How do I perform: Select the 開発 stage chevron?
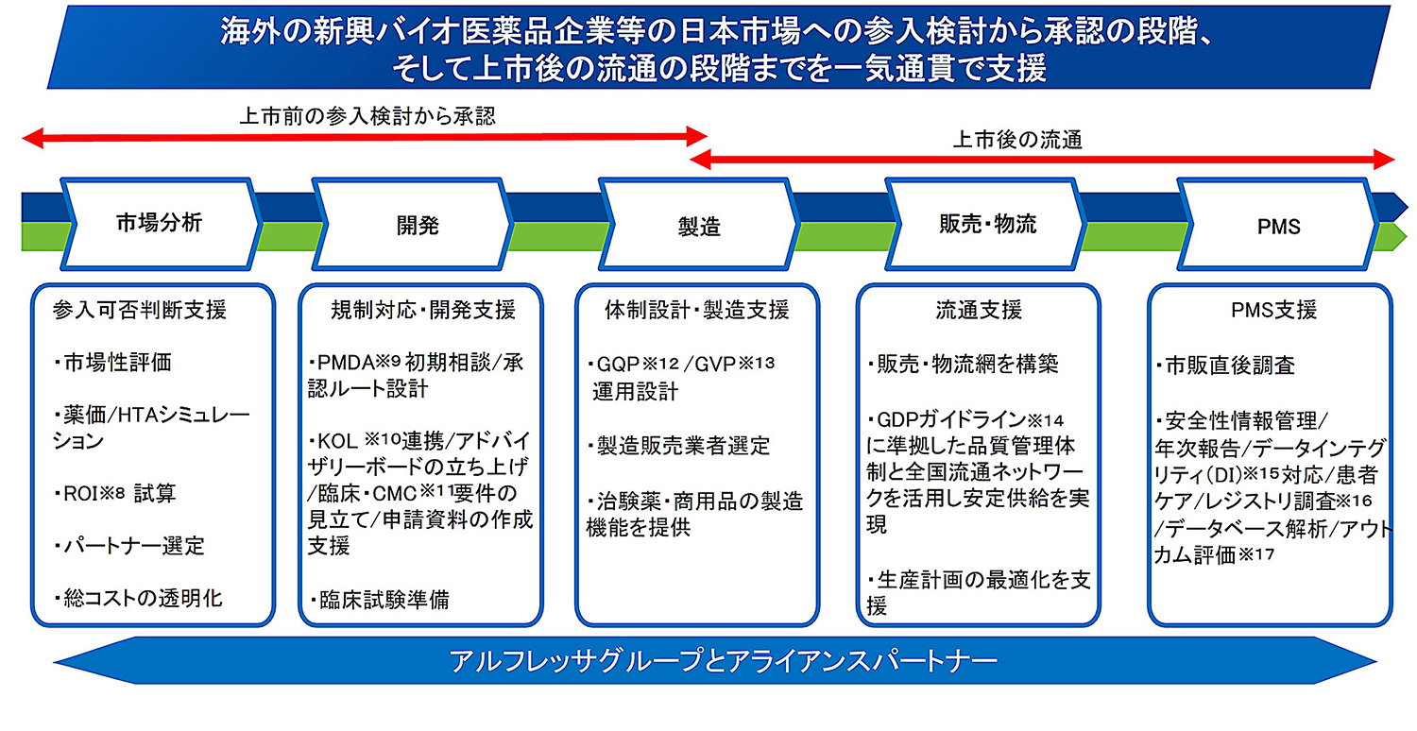[x=417, y=225]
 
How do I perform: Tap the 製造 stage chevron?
[x=699, y=225]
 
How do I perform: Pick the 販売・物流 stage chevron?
[x=987, y=224]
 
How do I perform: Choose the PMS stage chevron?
[x=1279, y=225]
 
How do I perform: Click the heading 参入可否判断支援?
[x=142, y=310]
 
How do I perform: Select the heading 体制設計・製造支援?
[x=696, y=310]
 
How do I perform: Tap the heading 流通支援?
[x=979, y=310]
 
